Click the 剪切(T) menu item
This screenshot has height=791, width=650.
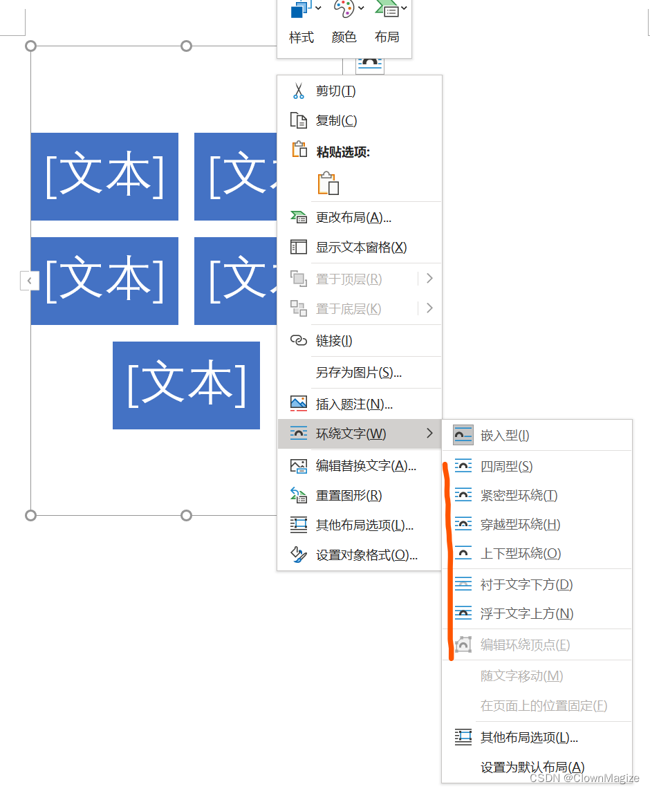[335, 91]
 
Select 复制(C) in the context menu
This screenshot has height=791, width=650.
[336, 120]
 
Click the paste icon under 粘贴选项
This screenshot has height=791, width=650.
[328, 183]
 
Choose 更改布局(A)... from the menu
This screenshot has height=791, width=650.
[353, 218]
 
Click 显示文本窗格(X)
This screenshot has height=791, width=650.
[361, 247]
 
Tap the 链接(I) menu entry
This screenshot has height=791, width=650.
[334, 340]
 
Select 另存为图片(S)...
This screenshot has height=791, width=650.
[358, 373]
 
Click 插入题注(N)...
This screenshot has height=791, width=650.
[354, 404]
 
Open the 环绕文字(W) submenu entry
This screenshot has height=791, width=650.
[351, 434]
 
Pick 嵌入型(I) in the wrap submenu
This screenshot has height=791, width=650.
[505, 435]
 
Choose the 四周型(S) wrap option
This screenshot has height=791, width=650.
[506, 467]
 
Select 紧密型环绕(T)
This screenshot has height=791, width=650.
[519, 496]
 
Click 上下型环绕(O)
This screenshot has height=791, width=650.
[520, 554]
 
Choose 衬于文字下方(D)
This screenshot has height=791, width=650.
[526, 585]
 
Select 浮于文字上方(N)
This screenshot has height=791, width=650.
[526, 614]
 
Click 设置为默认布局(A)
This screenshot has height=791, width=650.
[532, 767]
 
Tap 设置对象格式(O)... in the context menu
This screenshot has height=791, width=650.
[366, 555]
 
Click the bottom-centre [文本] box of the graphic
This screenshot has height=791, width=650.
[186, 385]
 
